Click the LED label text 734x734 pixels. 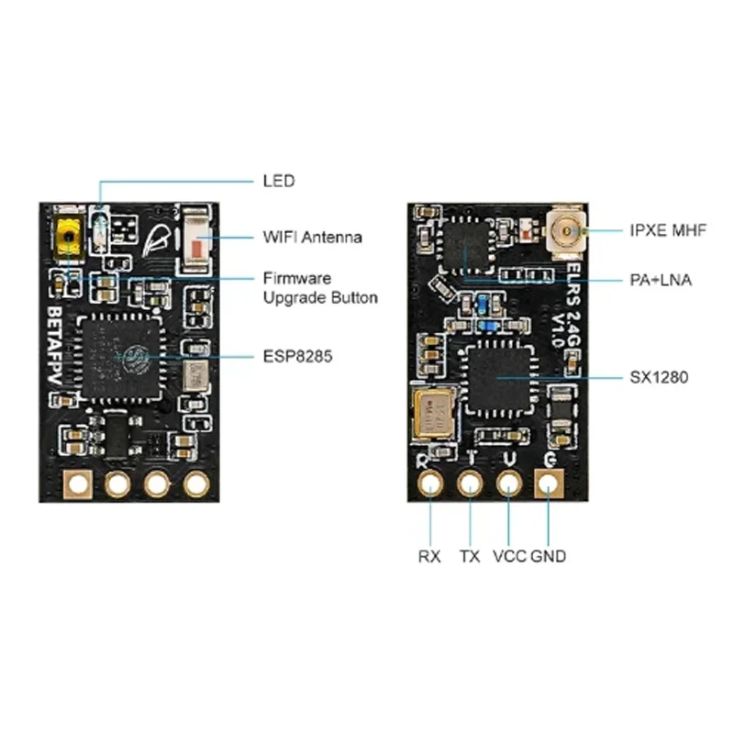click(278, 181)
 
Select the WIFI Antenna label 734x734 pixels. click(312, 237)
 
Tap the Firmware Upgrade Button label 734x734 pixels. click(320, 287)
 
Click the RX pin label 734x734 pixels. click(429, 556)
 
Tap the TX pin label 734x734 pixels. click(470, 556)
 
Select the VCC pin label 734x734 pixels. click(509, 556)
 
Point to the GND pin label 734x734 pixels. click(548, 556)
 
